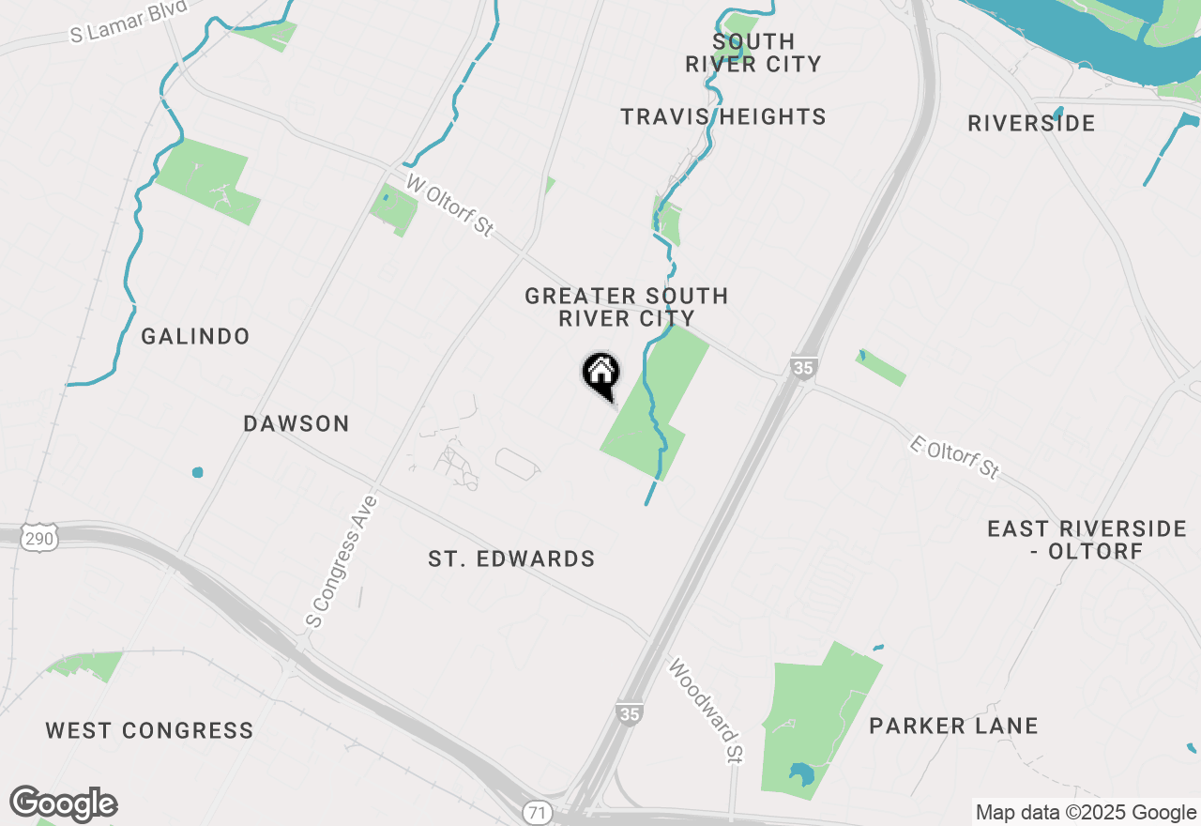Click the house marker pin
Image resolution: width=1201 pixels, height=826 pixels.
coord(600,374)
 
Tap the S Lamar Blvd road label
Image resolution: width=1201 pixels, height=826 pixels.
coord(129,21)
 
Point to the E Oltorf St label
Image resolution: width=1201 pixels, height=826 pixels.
coord(955,457)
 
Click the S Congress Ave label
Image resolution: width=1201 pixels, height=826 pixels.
coord(342,561)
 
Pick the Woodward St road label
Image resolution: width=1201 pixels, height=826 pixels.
coord(706,711)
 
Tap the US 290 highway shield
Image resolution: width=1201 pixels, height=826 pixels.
coord(43,537)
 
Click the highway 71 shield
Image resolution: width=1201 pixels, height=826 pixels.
coord(536,813)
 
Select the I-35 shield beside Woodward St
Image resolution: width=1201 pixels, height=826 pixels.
coord(630,714)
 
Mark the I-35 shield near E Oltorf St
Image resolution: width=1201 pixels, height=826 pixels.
coord(802,367)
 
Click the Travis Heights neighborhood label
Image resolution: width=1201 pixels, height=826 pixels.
coord(723,116)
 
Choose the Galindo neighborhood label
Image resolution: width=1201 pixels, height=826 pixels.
coord(195,336)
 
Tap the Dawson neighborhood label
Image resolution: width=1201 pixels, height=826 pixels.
coord(296,423)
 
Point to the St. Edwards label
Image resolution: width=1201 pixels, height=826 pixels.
coord(511,559)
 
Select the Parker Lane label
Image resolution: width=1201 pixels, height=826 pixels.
coord(953,726)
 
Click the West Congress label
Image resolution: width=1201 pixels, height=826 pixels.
coord(149,730)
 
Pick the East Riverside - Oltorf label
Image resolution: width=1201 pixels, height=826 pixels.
coord(1087,540)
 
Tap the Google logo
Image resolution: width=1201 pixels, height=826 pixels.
coord(64,804)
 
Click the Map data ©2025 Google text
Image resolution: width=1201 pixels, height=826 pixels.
coord(1086,813)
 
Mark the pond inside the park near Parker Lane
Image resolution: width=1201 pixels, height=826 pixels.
coord(801,774)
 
